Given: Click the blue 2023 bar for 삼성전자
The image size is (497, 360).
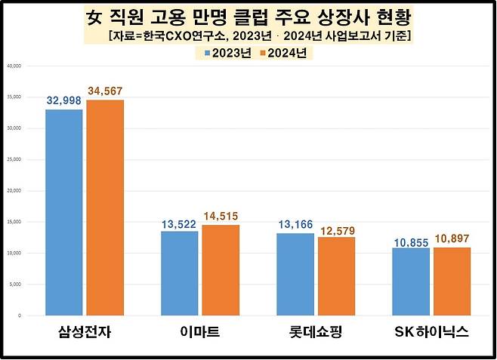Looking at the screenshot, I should (x=64, y=212).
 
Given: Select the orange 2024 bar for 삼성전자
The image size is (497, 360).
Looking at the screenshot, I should (x=105, y=208).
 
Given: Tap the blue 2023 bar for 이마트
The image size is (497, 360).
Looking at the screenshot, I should (x=180, y=272).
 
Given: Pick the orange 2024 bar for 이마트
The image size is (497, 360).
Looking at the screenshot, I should (x=220, y=269).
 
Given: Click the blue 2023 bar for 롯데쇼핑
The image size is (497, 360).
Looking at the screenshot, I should (x=295, y=274).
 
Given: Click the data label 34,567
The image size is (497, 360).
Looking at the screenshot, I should (x=104, y=91).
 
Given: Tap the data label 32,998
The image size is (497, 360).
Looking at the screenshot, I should (x=63, y=101).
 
